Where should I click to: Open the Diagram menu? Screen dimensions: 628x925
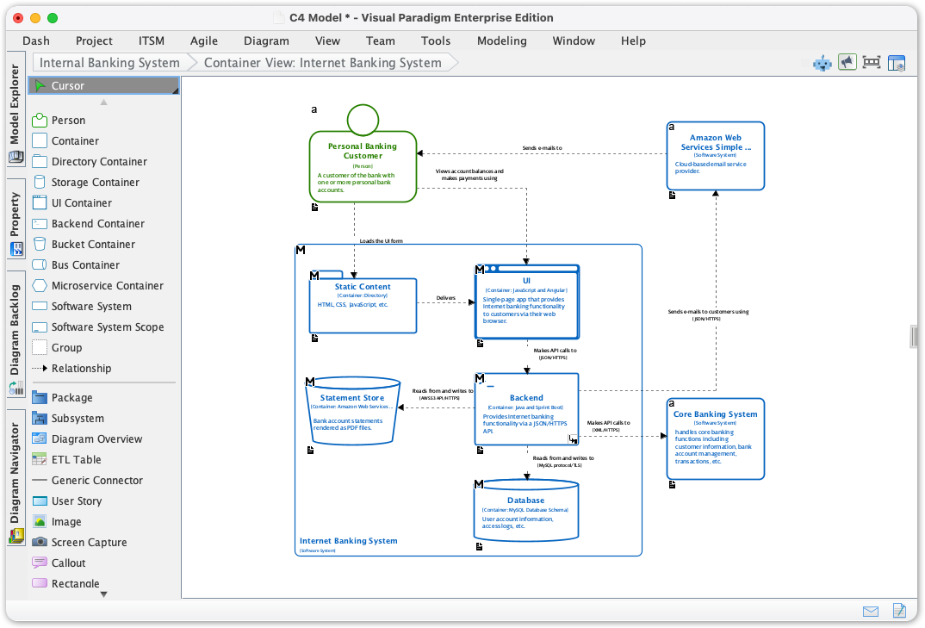tap(266, 40)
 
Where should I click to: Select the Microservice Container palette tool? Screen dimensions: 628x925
tap(107, 286)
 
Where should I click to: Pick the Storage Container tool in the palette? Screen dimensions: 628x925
tap(95, 183)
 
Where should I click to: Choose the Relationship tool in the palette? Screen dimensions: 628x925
tap(81, 369)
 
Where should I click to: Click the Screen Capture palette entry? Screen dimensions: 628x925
tap(89, 543)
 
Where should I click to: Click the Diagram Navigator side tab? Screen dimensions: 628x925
tap(15, 474)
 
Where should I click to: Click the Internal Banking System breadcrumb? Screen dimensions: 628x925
tap(109, 63)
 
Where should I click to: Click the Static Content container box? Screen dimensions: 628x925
tap(363, 305)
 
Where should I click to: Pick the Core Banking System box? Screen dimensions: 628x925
tap(715, 438)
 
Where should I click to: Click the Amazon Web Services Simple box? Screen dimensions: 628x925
tap(715, 156)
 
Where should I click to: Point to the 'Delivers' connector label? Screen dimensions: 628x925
tap(446, 298)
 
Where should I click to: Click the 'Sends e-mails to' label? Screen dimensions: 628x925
tap(542, 148)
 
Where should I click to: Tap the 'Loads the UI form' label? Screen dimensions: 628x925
tap(381, 241)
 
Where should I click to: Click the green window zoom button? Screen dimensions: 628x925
tap(53, 17)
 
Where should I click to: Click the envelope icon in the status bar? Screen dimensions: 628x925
tap(871, 611)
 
